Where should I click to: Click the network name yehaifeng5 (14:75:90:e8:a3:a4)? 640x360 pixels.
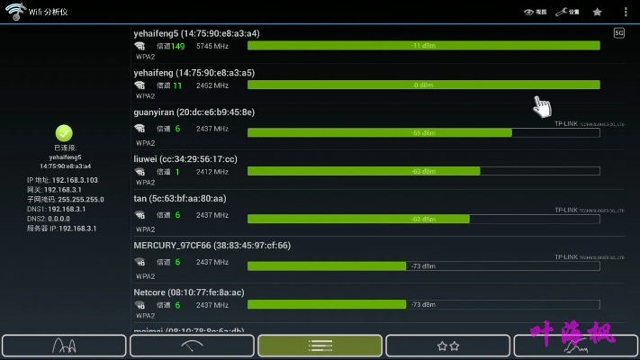click(x=194, y=33)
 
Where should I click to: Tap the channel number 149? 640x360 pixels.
click(x=177, y=46)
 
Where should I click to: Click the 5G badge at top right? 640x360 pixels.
click(x=618, y=33)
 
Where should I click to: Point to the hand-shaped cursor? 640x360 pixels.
click(x=541, y=106)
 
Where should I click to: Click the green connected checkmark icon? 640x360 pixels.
click(x=64, y=133)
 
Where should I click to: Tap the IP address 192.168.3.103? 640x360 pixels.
click(x=75, y=180)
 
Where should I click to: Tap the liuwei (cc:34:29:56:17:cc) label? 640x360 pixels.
click(x=185, y=159)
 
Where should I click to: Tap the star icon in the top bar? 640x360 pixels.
click(x=598, y=12)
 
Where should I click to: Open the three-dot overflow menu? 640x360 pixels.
click(x=626, y=12)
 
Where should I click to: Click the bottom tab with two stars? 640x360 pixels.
click(x=447, y=346)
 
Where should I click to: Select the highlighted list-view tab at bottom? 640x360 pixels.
click(x=320, y=346)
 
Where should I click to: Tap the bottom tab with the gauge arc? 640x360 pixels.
click(x=192, y=346)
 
